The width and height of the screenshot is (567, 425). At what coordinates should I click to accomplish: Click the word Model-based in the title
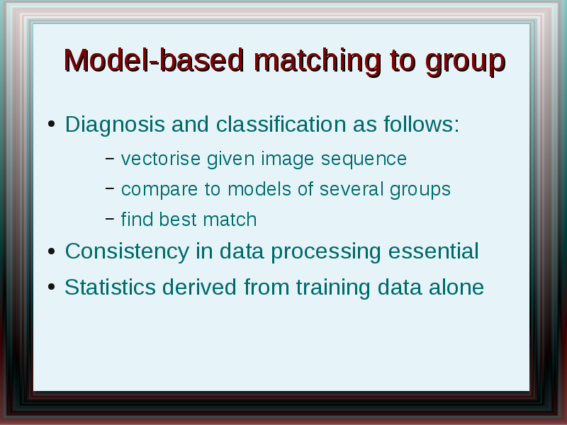click(x=154, y=60)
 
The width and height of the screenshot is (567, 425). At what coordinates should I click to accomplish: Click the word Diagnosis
click(x=115, y=125)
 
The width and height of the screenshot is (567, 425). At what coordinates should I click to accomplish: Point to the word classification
click(x=281, y=124)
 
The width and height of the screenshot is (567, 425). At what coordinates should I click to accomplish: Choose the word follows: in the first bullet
click(x=422, y=124)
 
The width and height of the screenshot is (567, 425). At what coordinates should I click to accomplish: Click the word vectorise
click(x=161, y=159)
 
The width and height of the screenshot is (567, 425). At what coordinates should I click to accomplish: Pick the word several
click(x=352, y=189)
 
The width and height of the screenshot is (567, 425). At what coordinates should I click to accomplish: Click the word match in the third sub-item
click(x=230, y=220)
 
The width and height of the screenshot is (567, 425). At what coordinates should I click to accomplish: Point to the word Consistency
click(x=127, y=251)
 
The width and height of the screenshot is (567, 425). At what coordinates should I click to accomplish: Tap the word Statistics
click(x=110, y=288)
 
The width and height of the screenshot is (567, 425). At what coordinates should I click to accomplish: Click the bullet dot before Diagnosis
click(x=51, y=124)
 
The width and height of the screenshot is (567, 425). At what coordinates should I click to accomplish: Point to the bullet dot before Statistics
click(x=51, y=287)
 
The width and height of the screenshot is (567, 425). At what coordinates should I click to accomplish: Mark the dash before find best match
click(x=110, y=218)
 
